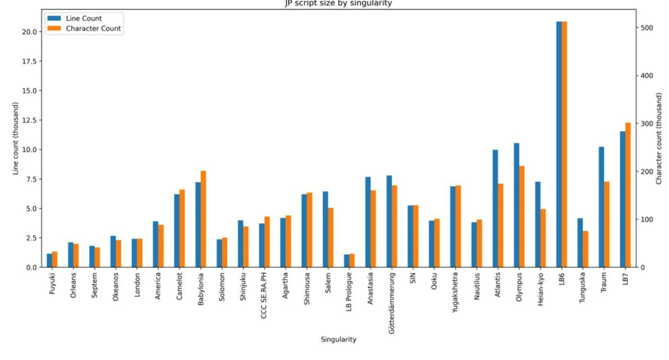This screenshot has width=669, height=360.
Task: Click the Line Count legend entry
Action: coord(84,19)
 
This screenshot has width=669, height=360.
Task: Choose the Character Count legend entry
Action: coord(93,28)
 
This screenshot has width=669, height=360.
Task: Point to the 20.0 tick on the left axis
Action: coord(29,32)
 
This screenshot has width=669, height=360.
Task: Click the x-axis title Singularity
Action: coord(338,339)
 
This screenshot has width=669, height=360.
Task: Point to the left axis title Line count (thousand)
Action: coord(16,138)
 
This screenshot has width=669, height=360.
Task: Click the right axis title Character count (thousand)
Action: coord(659,138)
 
